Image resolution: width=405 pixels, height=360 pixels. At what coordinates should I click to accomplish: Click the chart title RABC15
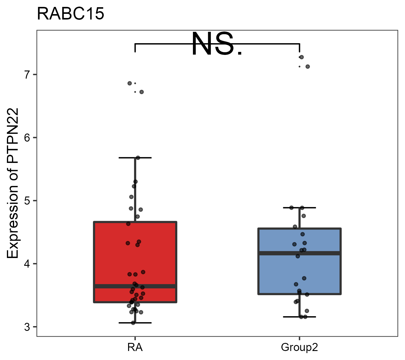70,14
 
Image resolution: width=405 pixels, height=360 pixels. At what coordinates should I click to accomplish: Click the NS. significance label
217,44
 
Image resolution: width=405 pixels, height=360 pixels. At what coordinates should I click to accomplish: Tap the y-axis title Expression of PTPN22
13,183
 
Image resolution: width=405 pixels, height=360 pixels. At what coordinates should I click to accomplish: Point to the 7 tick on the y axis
28,74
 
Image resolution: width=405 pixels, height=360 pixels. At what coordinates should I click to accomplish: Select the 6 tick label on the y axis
28,138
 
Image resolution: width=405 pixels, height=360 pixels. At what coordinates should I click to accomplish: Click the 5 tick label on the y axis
28,201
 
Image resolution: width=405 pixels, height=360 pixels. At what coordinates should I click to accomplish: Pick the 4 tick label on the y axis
28,264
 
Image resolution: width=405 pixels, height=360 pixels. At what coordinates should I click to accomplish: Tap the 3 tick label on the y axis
28,327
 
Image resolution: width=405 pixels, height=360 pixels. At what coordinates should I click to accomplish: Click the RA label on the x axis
135,347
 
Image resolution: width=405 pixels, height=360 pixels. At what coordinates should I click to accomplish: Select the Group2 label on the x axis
299,347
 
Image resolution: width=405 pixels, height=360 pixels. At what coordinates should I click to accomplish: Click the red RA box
135,255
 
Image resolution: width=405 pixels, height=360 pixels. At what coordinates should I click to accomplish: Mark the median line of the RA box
135,286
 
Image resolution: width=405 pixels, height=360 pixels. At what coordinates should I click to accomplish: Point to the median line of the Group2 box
299,253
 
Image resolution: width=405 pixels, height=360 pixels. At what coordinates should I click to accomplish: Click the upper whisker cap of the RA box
135,157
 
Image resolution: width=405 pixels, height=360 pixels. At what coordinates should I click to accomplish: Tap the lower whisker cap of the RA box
135,323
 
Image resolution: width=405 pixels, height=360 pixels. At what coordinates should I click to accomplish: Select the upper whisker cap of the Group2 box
299,208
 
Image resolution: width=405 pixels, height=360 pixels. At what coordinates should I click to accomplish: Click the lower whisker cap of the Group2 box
299,317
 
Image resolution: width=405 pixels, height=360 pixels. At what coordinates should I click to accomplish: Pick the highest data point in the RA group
130,83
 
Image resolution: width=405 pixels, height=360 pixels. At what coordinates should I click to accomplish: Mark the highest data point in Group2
301,57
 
